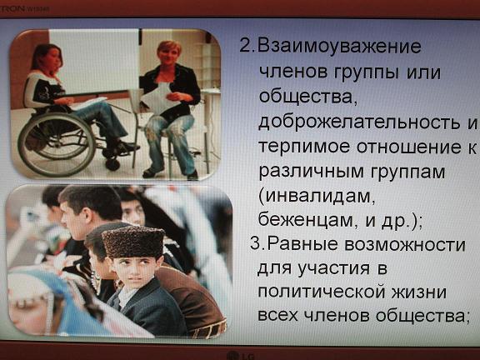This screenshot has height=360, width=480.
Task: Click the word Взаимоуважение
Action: pyautogui.click(x=339, y=47)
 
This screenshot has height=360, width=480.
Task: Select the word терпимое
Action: pyautogui.click(x=304, y=147)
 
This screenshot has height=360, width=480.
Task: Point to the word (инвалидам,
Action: pyautogui.click(x=317, y=196)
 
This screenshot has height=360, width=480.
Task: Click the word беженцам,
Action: pyautogui.click(x=306, y=219)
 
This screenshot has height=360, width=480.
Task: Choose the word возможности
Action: pyautogui.click(x=405, y=245)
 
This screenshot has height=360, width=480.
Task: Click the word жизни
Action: pyautogui.click(x=419, y=292)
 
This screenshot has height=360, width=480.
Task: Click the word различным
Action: pyautogui.click(x=311, y=172)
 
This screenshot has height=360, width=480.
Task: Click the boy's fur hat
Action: pyautogui.click(x=133, y=242)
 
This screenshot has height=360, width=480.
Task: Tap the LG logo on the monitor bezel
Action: pyautogui.click(x=242, y=355)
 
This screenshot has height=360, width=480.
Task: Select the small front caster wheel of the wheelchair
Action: pyautogui.click(x=112, y=164)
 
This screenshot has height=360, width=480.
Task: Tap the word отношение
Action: pyautogui.click(x=408, y=147)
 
